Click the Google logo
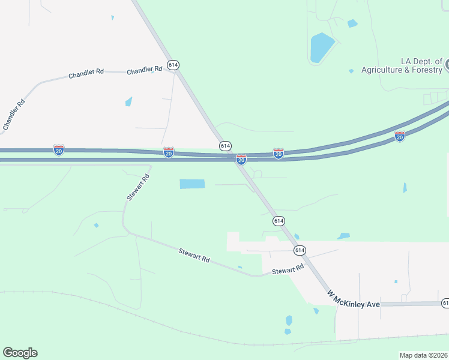[x=20, y=353]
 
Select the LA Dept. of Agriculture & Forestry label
[x=401, y=66]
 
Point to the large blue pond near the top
[x=322, y=47]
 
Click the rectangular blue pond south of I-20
[x=192, y=184]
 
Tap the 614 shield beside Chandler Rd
[x=173, y=65]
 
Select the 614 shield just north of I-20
[x=225, y=146]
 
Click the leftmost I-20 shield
[x=59, y=149]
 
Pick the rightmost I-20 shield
[x=400, y=136]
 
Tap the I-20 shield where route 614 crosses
[x=241, y=160]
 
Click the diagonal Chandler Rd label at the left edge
[x=14, y=114]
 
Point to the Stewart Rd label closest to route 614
[x=288, y=271]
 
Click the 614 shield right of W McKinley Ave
[x=445, y=303]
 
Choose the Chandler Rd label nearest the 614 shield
[x=145, y=69]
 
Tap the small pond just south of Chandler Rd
[x=128, y=101]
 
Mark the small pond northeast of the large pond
[x=352, y=23]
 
